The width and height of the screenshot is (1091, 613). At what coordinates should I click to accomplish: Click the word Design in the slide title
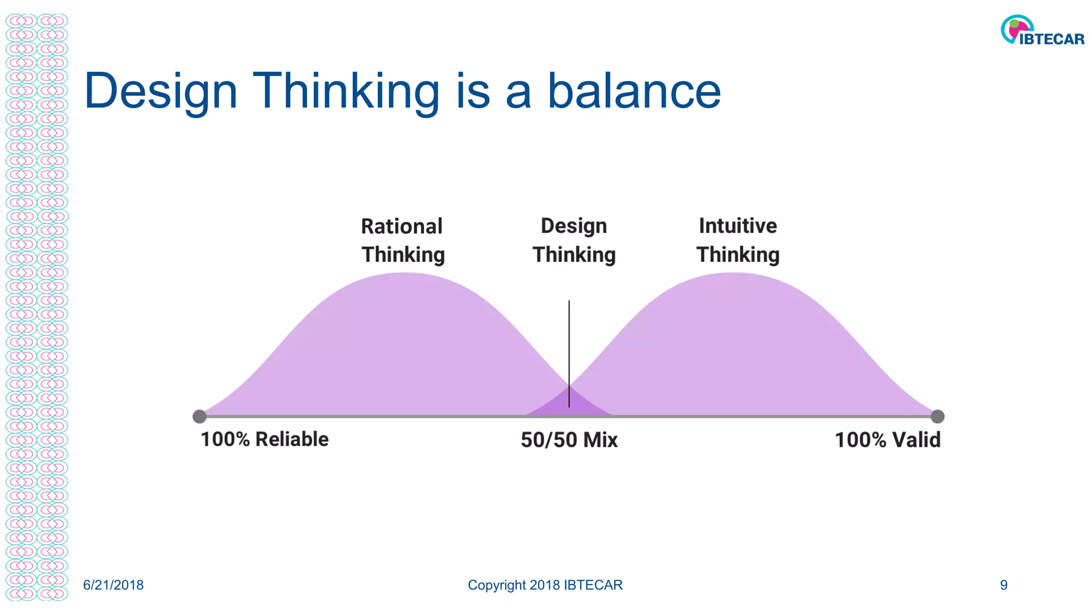pyautogui.click(x=160, y=92)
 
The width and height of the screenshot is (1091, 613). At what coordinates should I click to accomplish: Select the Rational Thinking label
pyautogui.click(x=403, y=241)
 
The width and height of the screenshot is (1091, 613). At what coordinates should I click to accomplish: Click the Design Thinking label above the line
pyautogui.click(x=574, y=241)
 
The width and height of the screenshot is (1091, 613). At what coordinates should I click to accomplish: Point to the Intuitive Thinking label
pyautogui.click(x=738, y=241)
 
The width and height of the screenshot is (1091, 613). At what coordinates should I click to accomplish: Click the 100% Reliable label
pyautogui.click(x=264, y=440)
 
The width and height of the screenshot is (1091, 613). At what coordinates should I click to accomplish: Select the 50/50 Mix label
pyautogui.click(x=569, y=440)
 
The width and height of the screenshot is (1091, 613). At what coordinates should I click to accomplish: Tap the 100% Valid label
pyautogui.click(x=887, y=440)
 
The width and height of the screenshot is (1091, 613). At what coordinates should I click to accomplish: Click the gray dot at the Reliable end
pyautogui.click(x=199, y=416)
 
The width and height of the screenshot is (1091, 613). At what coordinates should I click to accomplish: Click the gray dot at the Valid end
pyautogui.click(x=938, y=416)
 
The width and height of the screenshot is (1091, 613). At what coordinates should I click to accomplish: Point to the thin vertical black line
pyautogui.click(x=569, y=341)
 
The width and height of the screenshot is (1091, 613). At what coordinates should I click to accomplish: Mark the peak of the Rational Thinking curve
pyautogui.click(x=405, y=274)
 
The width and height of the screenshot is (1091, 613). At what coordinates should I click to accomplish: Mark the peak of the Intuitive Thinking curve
pyautogui.click(x=734, y=274)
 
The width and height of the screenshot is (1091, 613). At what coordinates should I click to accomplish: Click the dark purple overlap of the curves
pyautogui.click(x=569, y=404)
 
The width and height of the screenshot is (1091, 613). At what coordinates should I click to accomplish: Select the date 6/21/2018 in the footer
pyautogui.click(x=113, y=585)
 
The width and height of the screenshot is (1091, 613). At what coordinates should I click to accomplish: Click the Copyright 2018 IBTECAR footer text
pyautogui.click(x=545, y=585)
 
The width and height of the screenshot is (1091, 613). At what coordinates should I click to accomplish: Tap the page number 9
pyautogui.click(x=1004, y=585)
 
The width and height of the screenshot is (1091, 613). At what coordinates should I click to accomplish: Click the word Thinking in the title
pyautogui.click(x=346, y=92)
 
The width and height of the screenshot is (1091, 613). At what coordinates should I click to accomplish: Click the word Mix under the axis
pyautogui.click(x=600, y=440)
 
